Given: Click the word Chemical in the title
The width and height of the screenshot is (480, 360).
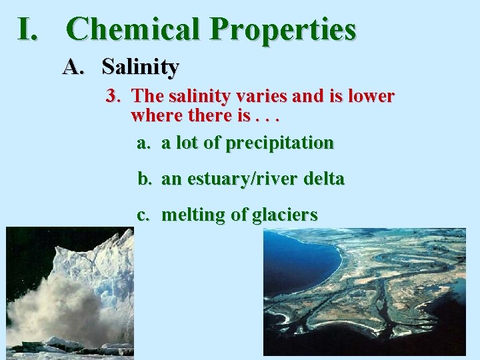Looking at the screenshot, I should [134, 29].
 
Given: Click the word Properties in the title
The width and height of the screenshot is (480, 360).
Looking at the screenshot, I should [283, 31].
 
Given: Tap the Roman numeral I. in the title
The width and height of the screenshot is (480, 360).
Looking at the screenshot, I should [31, 29].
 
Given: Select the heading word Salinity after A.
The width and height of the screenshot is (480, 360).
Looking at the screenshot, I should [140, 67].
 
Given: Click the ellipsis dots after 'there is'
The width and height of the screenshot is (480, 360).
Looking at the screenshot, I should [267, 119].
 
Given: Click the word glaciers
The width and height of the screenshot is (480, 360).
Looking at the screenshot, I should [284, 215].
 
